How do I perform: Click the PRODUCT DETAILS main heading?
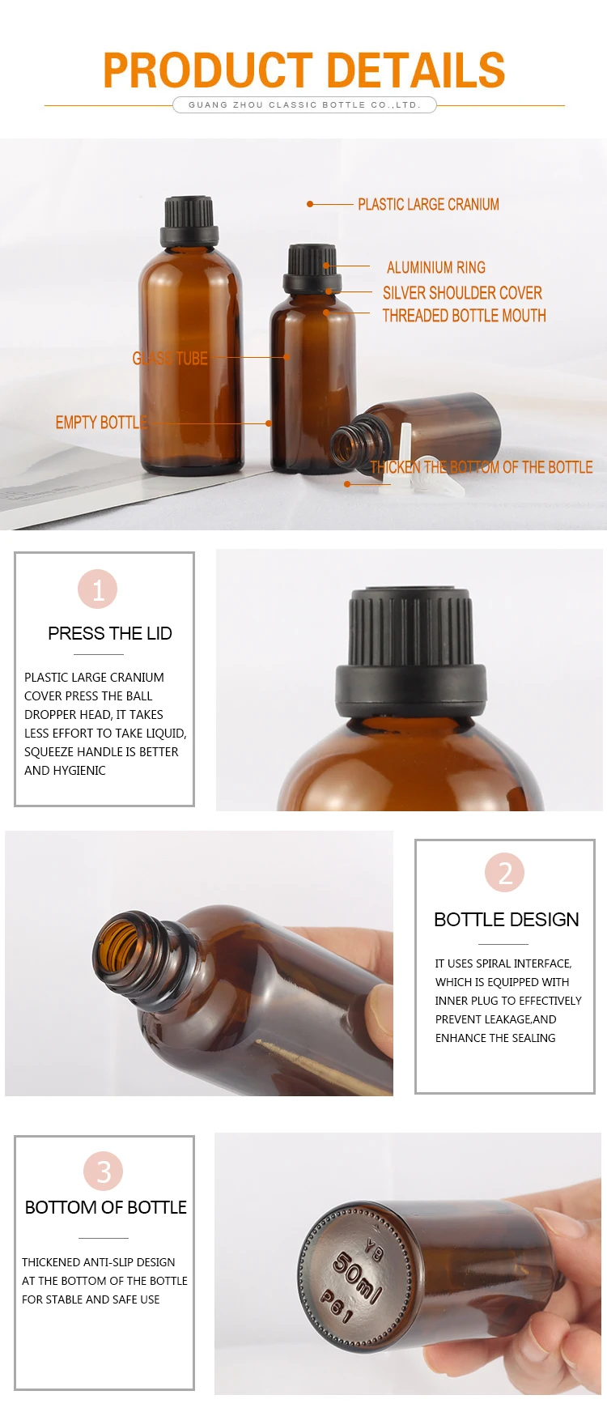[x=303, y=70]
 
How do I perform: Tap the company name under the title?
[x=304, y=104]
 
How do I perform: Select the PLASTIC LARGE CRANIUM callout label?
[x=428, y=204]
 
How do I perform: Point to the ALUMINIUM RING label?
[x=435, y=267]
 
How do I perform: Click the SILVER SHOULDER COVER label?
[x=462, y=292]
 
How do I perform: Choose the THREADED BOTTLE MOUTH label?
[x=464, y=315]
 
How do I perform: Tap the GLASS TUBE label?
[x=170, y=358]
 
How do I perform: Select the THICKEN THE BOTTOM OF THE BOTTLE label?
[x=481, y=466]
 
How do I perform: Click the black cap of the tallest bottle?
[x=189, y=221]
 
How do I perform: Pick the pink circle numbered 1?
[x=98, y=589]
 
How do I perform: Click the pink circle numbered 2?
[x=505, y=872]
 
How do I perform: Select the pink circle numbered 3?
[x=104, y=1171]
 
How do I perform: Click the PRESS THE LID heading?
[x=110, y=633]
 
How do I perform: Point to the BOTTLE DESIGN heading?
[x=507, y=919]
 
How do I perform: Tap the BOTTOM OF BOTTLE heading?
[x=106, y=1207]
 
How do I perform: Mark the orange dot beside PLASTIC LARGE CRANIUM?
[x=310, y=204]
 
